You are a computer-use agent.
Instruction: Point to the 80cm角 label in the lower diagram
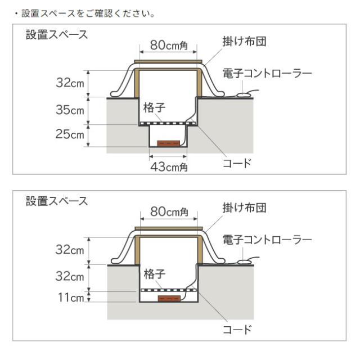(168, 212)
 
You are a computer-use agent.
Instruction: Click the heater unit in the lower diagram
(168, 298)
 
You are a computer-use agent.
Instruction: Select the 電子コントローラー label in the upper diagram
(267, 73)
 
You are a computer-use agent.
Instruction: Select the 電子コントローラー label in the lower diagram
(267, 240)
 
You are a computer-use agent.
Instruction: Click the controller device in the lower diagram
(244, 261)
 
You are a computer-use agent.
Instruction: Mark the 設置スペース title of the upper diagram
(57, 35)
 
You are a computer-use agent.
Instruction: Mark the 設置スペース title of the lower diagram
(57, 201)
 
